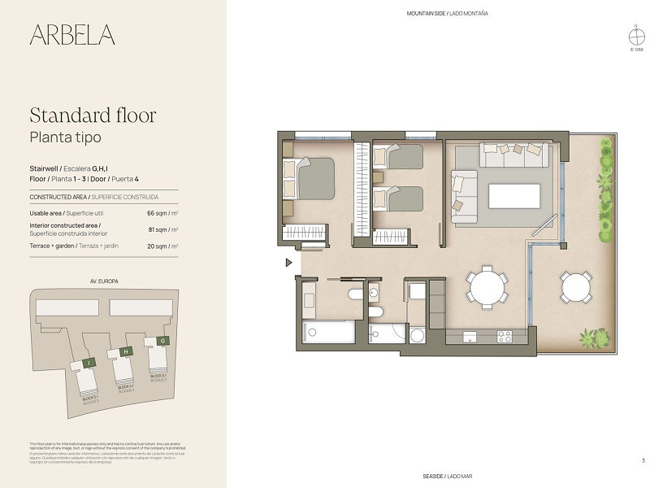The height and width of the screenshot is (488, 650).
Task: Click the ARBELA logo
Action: point(72,35)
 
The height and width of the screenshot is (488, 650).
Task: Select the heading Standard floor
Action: point(92,115)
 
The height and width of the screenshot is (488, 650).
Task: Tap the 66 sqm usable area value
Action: point(162,213)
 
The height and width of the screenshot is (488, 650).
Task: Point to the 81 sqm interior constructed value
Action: point(162,229)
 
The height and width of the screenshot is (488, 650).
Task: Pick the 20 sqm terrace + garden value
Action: point(162,246)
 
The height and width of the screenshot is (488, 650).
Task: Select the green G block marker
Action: point(164,341)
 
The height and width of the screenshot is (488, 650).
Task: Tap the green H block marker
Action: point(126,351)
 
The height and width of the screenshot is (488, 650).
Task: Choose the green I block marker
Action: point(90,361)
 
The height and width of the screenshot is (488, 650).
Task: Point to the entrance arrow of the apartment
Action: point(288,263)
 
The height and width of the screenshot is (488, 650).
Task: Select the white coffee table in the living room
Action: point(513,196)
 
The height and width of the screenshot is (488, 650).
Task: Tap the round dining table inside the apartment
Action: point(486,287)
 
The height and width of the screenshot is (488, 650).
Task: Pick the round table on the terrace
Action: point(576,287)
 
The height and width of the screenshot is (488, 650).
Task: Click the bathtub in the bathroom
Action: point(328,332)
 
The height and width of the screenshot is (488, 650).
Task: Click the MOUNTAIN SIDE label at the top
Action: point(448,14)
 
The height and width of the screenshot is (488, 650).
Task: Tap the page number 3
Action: point(643,461)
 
